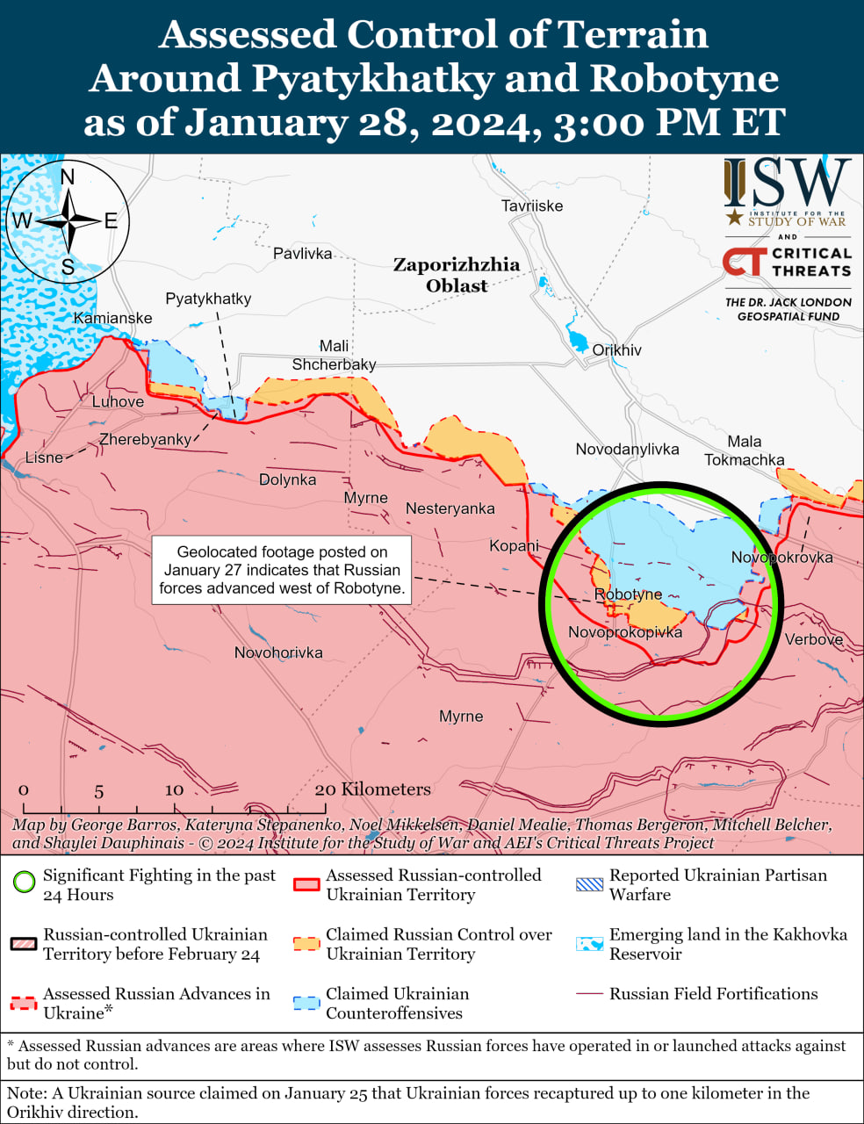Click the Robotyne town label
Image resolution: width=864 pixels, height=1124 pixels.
pos(628,594)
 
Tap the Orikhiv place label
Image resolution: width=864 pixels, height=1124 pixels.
pos(616,350)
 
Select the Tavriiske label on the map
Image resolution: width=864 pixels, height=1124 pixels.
pos(532,206)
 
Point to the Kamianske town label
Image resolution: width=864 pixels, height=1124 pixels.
pos(112,318)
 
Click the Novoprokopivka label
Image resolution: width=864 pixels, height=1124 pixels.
pos(624,632)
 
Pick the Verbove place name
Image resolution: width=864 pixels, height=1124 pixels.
pos(813,639)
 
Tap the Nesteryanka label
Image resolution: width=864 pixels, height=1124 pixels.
pos(450,508)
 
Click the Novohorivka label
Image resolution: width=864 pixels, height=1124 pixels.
pos(278,652)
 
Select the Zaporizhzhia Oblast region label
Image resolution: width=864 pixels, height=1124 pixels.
pos(456,275)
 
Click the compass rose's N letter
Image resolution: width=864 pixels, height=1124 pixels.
pos(68,177)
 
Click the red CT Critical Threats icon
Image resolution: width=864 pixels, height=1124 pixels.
pos(743,262)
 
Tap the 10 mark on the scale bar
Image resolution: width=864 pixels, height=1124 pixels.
pos(174,790)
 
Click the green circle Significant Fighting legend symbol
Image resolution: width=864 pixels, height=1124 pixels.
pos(24,882)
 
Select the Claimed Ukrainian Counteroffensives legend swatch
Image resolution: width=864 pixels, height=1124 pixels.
pos(306,1003)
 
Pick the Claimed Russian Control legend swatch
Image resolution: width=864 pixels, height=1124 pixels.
pos(306,943)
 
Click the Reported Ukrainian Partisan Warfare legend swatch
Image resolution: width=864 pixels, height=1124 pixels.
pos(589,884)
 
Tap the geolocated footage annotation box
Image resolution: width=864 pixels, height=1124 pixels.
pos(282,570)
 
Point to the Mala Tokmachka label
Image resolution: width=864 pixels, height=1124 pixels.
pos(744,450)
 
